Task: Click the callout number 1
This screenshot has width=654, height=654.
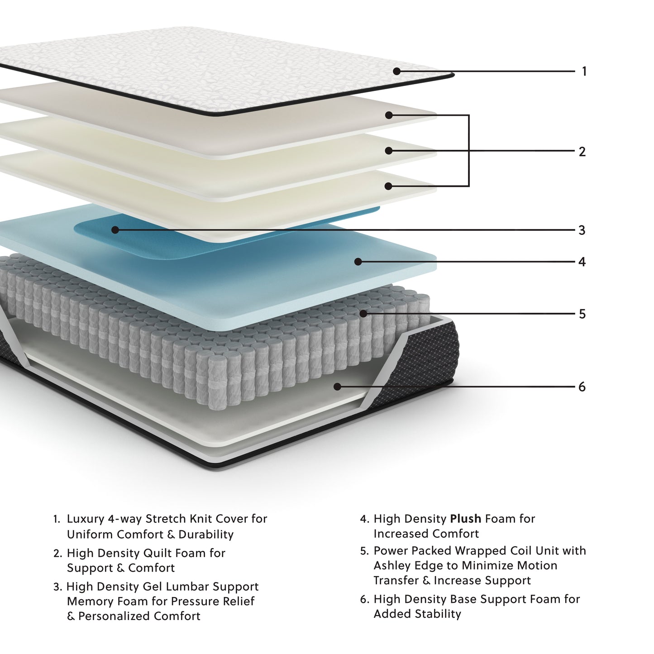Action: [584, 72]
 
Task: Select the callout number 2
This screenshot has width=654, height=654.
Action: [582, 152]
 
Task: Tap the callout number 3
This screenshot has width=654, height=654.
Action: [582, 230]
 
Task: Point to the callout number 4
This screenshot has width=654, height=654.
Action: [582, 262]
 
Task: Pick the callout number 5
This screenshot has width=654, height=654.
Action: [582, 314]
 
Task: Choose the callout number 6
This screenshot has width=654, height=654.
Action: [582, 387]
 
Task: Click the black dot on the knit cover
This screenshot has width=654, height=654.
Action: [396, 71]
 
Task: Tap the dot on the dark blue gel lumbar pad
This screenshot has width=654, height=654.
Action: [115, 230]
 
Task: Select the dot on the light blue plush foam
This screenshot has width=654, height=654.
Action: [358, 262]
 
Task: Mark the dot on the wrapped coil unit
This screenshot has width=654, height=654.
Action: [363, 313]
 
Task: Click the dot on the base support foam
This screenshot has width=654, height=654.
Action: [337, 387]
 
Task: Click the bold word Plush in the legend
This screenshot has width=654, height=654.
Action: [465, 519]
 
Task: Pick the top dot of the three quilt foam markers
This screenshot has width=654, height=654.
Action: [389, 115]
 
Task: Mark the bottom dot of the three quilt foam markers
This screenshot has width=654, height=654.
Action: [388, 186]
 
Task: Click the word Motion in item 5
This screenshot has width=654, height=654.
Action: [534, 566]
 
